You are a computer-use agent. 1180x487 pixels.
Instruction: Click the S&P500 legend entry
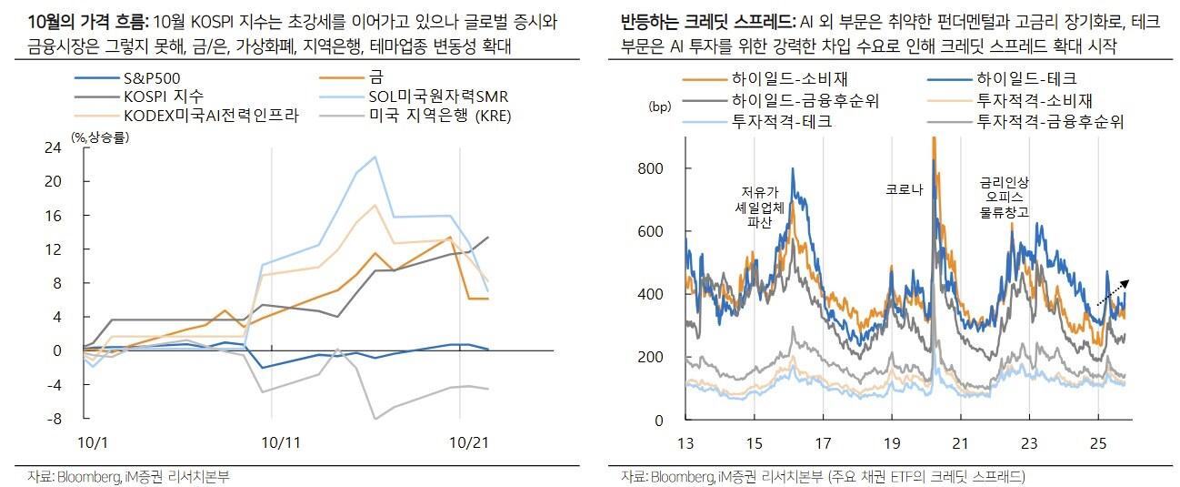point(145,79)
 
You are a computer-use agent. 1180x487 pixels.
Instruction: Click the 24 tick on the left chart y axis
point(53,147)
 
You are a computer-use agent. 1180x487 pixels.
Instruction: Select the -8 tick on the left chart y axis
point(53,419)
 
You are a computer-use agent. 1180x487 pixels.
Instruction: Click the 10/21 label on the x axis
point(470,441)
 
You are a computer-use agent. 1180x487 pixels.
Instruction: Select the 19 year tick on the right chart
point(891,443)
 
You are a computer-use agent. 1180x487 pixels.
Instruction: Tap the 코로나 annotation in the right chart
point(904,190)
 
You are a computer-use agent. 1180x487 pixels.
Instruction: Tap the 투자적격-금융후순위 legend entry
point(1049,120)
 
